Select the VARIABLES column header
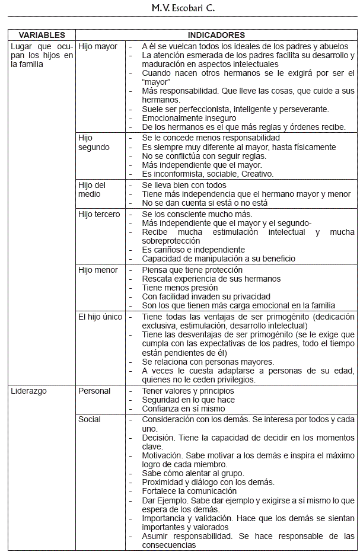coord(42,36)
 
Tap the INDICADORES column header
coord(216,36)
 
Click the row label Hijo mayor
coord(98,46)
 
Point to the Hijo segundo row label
coord(94,142)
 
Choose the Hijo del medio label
coord(92,190)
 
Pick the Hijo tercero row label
coord(99,214)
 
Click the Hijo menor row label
coord(98,270)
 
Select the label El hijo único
coord(100,317)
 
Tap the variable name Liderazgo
coord(29,391)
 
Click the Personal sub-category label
coord(94,391)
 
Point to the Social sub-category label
coord(90,419)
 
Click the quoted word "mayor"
coord(156,82)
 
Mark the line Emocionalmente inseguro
coord(189,118)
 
